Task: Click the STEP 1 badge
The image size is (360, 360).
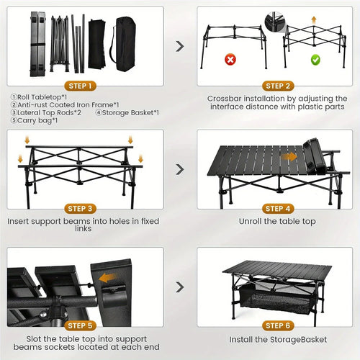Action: pos(83,86)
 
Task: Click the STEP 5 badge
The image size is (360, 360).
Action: pos(83,325)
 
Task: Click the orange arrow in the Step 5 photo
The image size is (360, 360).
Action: pos(108,277)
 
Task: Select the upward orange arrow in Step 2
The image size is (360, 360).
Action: pos(313,19)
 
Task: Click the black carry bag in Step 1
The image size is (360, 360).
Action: pos(125,44)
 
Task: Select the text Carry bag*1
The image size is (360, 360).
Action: pos(35,121)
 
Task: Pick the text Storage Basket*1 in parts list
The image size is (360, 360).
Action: pos(130,112)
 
